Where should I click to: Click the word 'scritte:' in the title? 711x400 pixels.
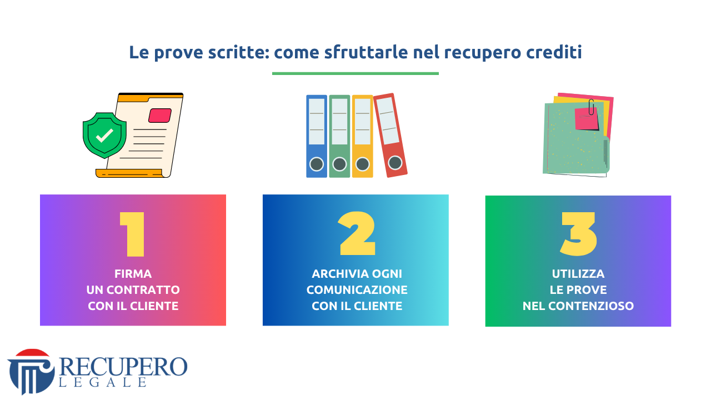[x=239, y=52]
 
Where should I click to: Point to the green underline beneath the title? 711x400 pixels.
[x=355, y=74]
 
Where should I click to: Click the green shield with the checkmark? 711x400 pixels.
[x=104, y=135]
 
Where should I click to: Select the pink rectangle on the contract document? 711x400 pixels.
[x=160, y=115]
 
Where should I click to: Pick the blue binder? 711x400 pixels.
[x=317, y=136]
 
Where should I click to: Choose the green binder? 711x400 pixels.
[x=339, y=136]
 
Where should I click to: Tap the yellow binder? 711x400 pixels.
[x=363, y=136]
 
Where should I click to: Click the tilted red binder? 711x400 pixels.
[x=390, y=135]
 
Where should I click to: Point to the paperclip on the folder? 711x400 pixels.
[x=591, y=107]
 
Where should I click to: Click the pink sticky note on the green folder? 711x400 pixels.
[x=587, y=119]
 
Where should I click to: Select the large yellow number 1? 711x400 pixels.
[x=133, y=234]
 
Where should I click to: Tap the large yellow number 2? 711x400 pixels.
[x=357, y=233]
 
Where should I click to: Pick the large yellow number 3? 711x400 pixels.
[x=578, y=234]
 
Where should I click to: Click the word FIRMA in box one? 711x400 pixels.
[x=133, y=274]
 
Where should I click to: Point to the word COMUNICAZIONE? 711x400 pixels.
[x=357, y=290]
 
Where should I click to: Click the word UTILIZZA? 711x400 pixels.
[x=578, y=274]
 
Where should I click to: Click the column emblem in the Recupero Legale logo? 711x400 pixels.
[x=31, y=372]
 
